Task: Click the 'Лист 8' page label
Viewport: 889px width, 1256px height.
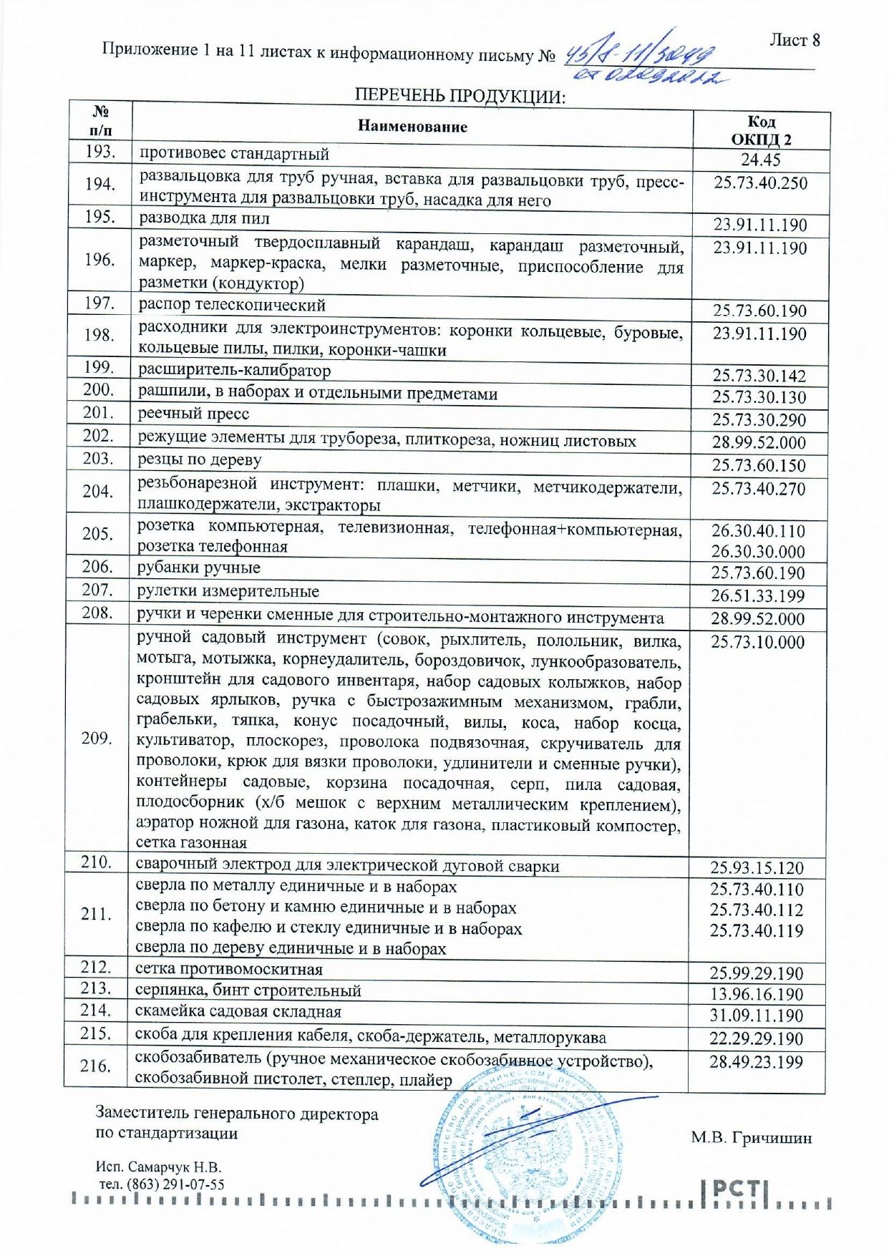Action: click(x=795, y=40)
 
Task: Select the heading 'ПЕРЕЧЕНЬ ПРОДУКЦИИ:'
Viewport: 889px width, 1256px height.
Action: click(x=460, y=96)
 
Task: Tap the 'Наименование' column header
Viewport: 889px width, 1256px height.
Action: click(x=412, y=127)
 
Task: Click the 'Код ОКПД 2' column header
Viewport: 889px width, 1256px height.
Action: click(x=761, y=131)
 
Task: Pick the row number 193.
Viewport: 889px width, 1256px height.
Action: click(x=100, y=152)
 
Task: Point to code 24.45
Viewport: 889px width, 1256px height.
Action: click(x=760, y=160)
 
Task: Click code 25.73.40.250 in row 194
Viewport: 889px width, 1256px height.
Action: click(x=760, y=183)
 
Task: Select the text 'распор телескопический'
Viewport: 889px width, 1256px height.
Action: click(x=232, y=305)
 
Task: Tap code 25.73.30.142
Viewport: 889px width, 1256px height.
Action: click(x=759, y=376)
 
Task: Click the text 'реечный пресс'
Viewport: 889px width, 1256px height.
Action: click(x=193, y=414)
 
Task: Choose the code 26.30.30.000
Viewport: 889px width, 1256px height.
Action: click(x=758, y=552)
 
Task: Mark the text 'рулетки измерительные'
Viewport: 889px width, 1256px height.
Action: click(x=228, y=591)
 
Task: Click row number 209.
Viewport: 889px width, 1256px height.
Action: click(x=97, y=739)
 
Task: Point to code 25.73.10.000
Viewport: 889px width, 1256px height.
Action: click(x=757, y=642)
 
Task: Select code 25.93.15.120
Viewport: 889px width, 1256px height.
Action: click(x=757, y=868)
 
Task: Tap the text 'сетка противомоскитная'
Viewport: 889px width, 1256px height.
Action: click(x=229, y=970)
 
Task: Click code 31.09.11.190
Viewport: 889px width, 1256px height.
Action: click(x=757, y=1016)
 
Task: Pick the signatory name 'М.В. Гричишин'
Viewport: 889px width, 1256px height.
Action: click(x=751, y=1138)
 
